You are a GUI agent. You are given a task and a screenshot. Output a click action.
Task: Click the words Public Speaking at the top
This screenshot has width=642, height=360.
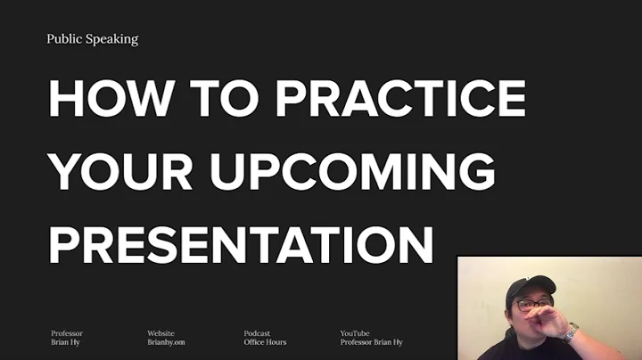click(93, 39)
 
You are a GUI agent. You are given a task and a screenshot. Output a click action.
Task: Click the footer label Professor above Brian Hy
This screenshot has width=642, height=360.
click(67, 333)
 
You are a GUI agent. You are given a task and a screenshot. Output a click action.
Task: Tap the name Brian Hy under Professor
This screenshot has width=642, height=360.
click(65, 342)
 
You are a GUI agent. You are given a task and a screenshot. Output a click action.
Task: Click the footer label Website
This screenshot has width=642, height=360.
click(160, 333)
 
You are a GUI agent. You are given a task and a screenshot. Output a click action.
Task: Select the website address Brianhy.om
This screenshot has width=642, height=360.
click(167, 342)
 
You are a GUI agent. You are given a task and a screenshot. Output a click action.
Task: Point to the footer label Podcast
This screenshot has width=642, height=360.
click(257, 333)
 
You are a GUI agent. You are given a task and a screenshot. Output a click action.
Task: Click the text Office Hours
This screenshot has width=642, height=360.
click(264, 342)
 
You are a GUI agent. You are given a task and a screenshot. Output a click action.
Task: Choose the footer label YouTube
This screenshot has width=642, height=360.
click(354, 333)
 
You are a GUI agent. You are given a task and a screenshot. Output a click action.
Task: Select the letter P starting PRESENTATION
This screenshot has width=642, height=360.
click(63, 243)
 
